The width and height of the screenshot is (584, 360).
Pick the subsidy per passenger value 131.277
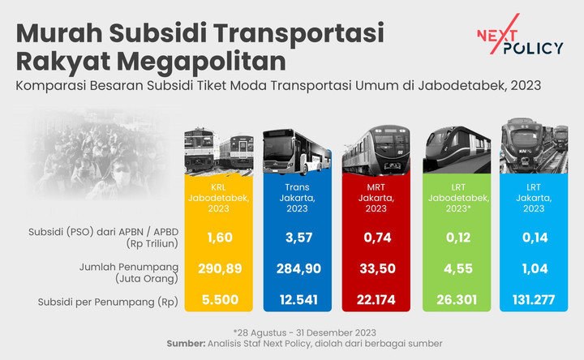(x=533, y=301)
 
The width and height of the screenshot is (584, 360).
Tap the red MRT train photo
(x=375, y=151)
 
